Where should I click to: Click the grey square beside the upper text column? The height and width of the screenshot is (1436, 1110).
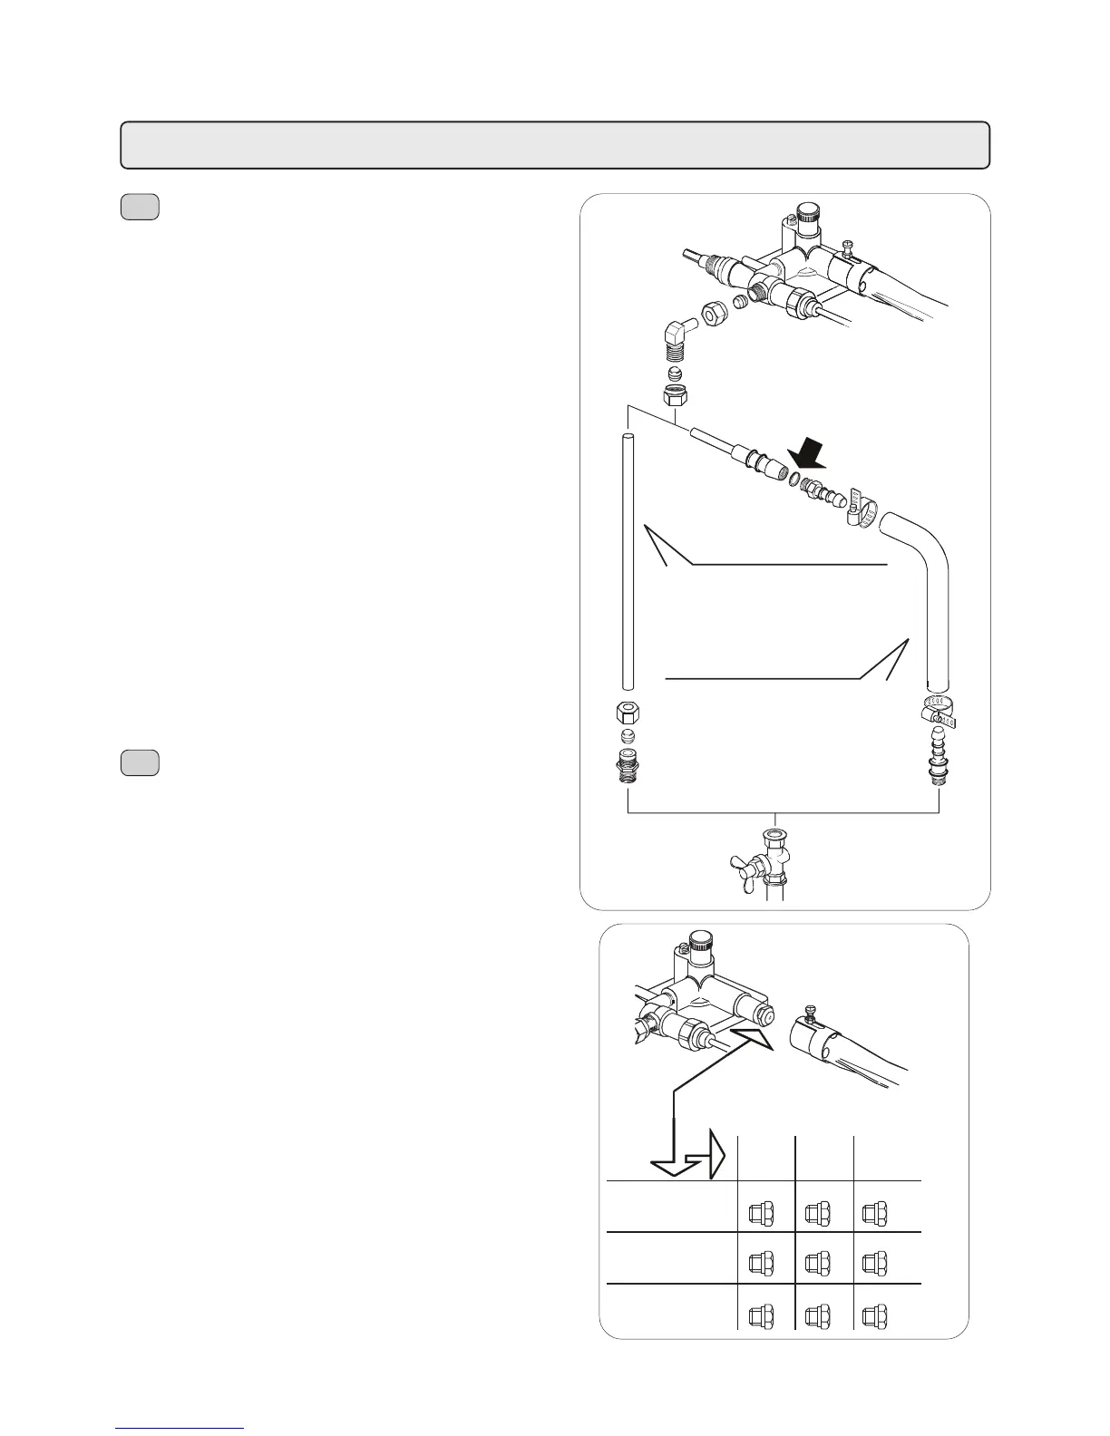pyautogui.click(x=140, y=208)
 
